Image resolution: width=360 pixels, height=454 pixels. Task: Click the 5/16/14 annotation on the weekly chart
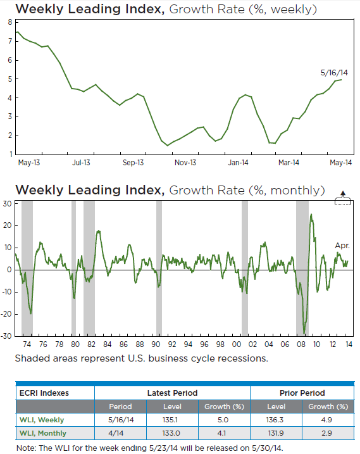tap(334, 73)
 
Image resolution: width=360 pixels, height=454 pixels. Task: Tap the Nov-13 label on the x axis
tap(185, 163)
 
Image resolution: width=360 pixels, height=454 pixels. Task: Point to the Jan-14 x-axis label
tap(238, 163)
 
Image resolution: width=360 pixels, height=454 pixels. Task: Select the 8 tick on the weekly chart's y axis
tap(10, 22)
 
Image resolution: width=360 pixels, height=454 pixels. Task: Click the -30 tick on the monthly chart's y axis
tap(7, 336)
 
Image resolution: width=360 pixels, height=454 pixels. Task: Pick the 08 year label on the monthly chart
tap(301, 344)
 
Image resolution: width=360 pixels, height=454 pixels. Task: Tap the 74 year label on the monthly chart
tap(27, 344)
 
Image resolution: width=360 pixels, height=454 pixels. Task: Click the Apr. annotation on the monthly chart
tap(342, 246)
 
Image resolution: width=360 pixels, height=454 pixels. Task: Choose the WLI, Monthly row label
tap(43, 433)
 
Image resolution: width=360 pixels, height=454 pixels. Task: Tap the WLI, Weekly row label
tap(42, 420)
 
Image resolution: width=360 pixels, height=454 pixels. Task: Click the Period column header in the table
tap(120, 407)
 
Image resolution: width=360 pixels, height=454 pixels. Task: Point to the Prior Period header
tap(302, 393)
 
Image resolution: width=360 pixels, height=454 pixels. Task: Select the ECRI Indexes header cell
tap(44, 393)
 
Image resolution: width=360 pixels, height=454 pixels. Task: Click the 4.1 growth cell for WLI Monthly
tap(221, 433)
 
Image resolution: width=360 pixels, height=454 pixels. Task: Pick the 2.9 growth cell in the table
tap(326, 433)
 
